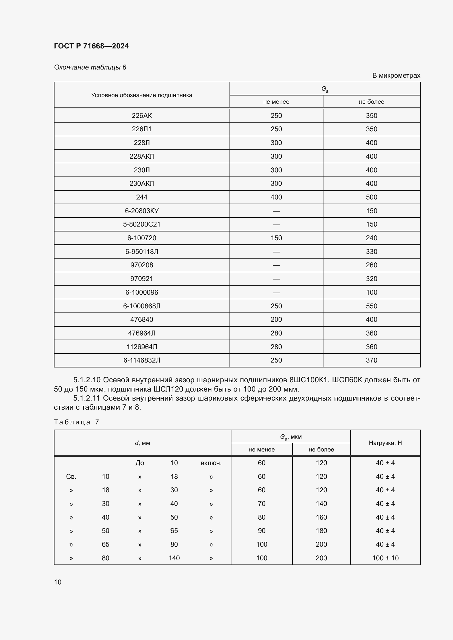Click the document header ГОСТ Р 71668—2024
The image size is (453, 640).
(x=91, y=46)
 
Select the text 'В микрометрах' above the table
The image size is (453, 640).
(x=396, y=76)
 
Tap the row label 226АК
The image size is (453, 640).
(x=142, y=116)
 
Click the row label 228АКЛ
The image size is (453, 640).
(x=142, y=157)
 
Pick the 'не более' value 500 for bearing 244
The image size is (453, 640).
(x=371, y=197)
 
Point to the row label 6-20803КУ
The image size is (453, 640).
(x=142, y=211)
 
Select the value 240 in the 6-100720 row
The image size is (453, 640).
(x=371, y=238)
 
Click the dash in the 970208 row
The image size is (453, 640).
(x=276, y=265)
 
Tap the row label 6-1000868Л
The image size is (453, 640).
(x=142, y=306)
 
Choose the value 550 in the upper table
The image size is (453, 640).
(x=371, y=306)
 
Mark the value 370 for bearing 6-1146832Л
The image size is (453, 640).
(x=371, y=360)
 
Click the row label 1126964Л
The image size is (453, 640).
(x=142, y=347)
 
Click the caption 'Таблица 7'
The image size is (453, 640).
(x=76, y=422)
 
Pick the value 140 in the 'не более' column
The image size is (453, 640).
(x=321, y=504)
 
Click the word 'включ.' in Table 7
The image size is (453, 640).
(x=211, y=463)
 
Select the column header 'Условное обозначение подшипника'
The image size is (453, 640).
(x=142, y=95)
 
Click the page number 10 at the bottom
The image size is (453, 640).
(x=58, y=582)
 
